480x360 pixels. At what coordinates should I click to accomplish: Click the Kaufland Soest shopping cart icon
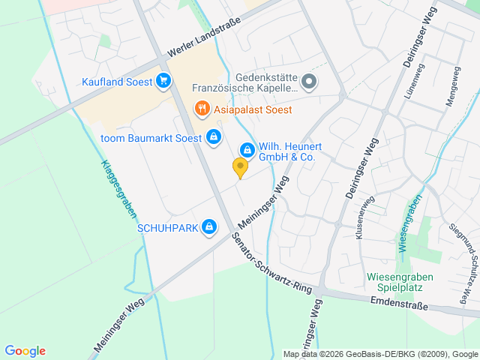click(x=163, y=80)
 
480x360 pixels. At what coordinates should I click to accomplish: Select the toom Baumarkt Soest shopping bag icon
click(x=214, y=137)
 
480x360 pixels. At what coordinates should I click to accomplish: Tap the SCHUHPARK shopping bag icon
click(x=209, y=226)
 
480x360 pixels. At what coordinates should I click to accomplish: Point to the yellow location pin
click(x=240, y=167)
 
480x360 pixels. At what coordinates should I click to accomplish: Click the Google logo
click(x=25, y=351)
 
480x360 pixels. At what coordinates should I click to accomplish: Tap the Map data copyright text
click(x=380, y=354)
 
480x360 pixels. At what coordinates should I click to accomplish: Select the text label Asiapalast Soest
click(x=253, y=109)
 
